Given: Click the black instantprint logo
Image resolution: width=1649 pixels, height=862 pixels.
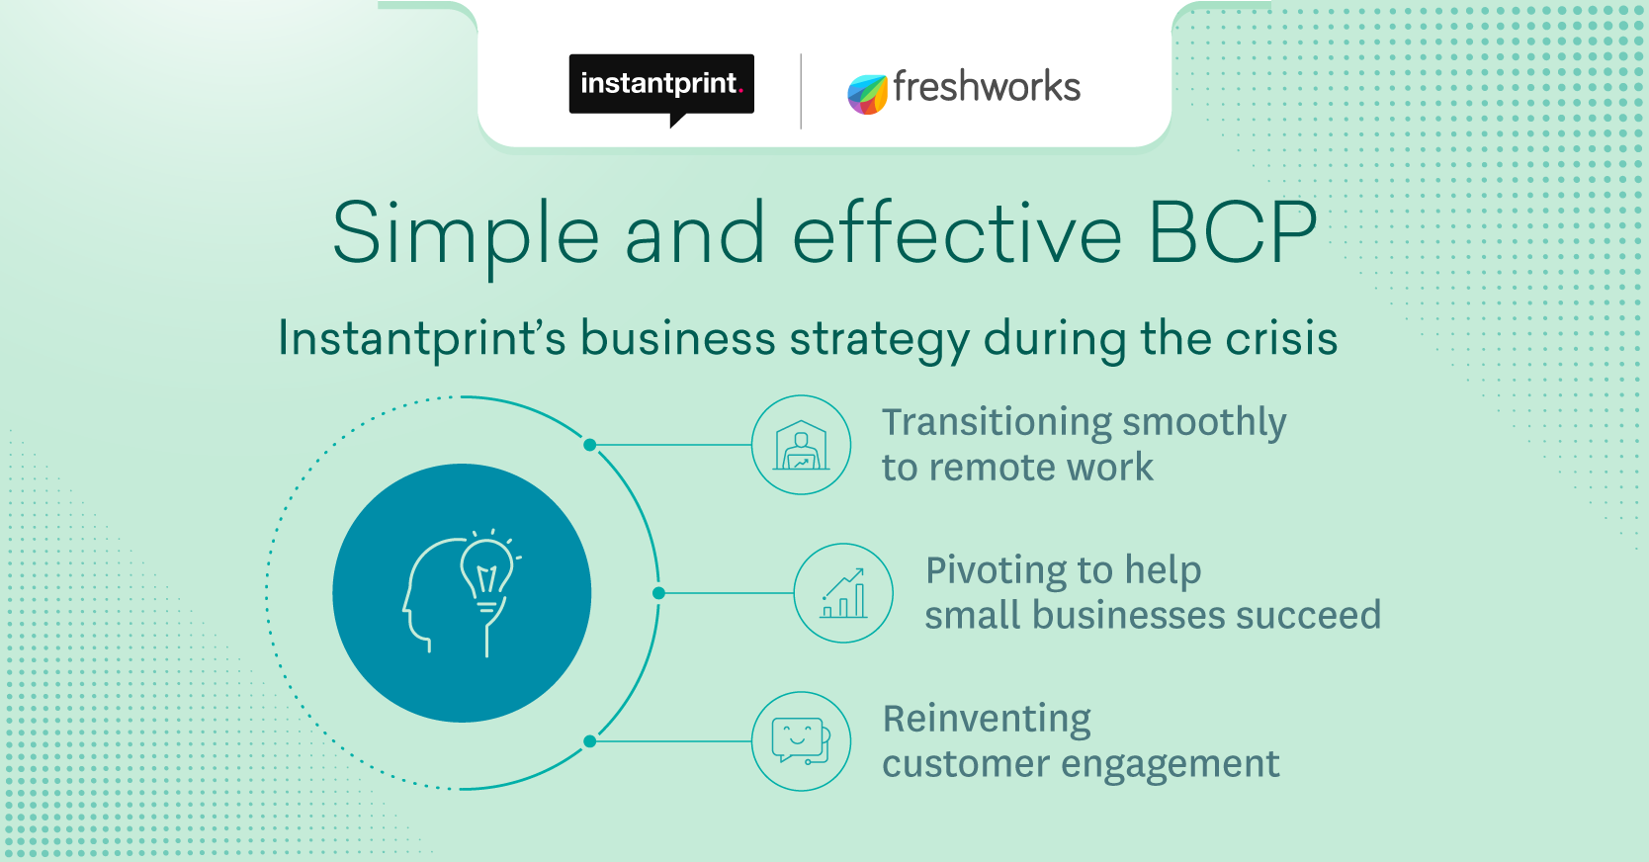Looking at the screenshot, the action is click(x=661, y=88).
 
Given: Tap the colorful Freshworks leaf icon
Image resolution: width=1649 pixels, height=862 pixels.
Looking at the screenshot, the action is click(x=867, y=94).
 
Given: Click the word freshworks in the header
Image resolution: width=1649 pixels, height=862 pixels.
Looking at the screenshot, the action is click(x=988, y=87).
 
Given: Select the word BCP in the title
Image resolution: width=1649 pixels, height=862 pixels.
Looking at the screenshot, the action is click(x=1233, y=232).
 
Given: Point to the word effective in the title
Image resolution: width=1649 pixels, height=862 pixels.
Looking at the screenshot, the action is click(x=956, y=231).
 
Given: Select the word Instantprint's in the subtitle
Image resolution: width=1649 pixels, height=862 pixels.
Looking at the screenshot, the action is click(x=422, y=340).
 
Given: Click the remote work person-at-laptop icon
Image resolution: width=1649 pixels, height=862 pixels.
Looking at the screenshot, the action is click(x=801, y=445).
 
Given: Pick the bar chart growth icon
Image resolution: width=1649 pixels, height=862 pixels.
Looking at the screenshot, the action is click(x=843, y=593).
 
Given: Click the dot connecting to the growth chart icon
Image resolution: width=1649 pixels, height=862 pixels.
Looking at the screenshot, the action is click(x=658, y=593).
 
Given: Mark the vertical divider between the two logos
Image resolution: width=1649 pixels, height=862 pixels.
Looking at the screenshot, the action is click(x=801, y=91).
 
